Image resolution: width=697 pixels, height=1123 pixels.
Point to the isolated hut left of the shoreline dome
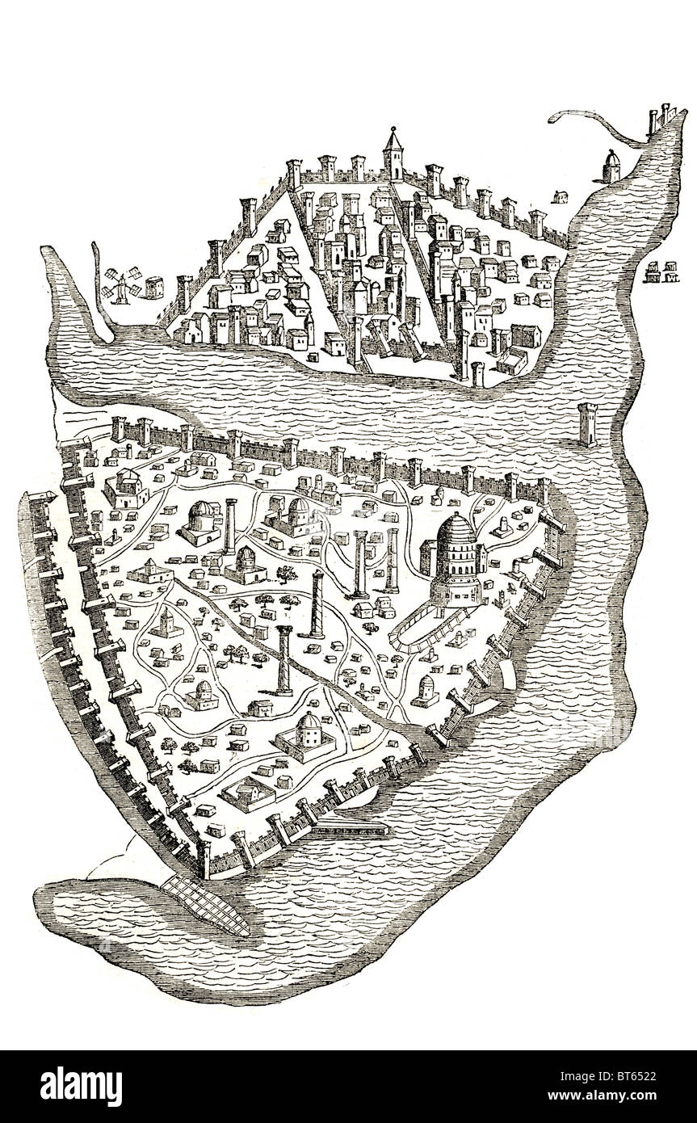(558, 195)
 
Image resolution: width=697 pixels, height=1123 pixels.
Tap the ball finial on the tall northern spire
(393, 128)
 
